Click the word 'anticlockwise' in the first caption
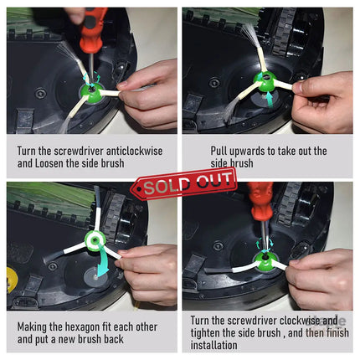134,151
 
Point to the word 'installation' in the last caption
213,345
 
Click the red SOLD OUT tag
184,183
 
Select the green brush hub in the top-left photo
91,92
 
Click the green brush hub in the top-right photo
265,82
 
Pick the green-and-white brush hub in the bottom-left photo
95,241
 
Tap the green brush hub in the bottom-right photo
264,260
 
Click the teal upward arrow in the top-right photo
269,103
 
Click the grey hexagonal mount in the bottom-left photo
95,276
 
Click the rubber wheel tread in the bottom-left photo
115,217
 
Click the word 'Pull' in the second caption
219,151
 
